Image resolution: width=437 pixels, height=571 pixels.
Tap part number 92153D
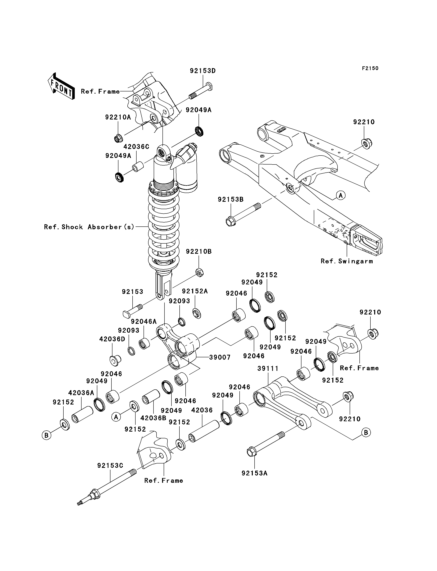click(x=203, y=71)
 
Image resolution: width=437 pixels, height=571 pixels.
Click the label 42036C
click(x=136, y=147)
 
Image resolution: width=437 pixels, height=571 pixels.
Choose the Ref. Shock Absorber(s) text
click(x=89, y=227)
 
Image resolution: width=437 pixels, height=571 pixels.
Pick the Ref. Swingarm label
click(x=347, y=261)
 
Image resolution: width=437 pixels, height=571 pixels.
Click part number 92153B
click(x=231, y=199)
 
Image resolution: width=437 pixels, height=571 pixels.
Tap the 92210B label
click(x=199, y=252)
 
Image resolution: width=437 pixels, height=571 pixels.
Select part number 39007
click(x=220, y=357)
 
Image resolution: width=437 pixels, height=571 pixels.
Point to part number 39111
click(x=268, y=368)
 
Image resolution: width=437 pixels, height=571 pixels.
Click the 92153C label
click(x=110, y=465)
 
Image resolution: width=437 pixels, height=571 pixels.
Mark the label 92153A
click(x=254, y=473)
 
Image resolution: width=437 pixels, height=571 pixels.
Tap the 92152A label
click(x=195, y=291)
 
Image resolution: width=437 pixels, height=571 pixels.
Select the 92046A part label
click(x=144, y=321)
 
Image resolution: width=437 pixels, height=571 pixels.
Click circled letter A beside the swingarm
click(x=341, y=195)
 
